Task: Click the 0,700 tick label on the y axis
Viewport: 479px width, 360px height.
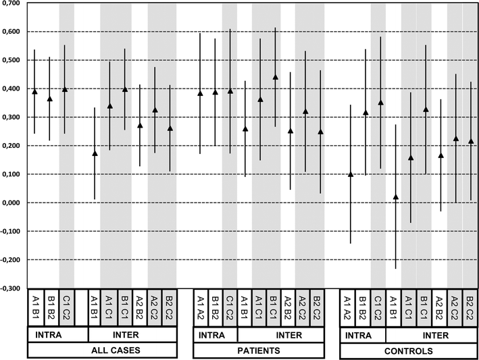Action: [11, 4]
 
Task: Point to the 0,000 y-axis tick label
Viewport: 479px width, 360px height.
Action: [11, 203]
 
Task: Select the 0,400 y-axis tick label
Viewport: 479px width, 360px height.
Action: [11, 89]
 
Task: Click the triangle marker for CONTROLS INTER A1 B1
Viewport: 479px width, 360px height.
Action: [395, 197]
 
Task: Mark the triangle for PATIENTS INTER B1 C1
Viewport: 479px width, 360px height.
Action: [275, 77]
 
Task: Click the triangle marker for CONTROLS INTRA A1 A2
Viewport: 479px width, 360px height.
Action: [350, 174]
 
